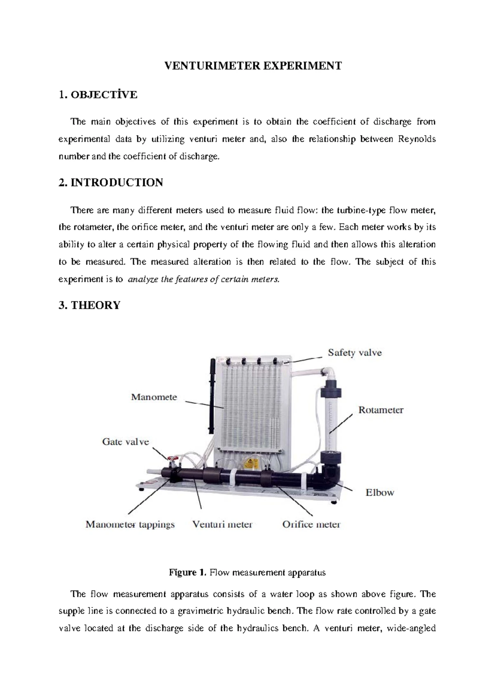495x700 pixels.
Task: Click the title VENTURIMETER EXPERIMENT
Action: click(x=253, y=66)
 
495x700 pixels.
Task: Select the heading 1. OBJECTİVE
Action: click(x=98, y=95)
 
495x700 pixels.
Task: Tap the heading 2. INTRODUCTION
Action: click(x=111, y=182)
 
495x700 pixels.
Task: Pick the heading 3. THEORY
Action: click(x=90, y=305)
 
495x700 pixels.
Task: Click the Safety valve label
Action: click(x=354, y=353)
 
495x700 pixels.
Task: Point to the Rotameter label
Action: click(x=380, y=410)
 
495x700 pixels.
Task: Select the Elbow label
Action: click(x=380, y=492)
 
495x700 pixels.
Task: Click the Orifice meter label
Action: click(x=311, y=525)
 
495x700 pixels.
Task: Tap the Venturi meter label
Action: click(x=222, y=525)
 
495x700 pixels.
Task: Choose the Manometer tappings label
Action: click(x=130, y=525)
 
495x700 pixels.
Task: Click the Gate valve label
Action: click(x=125, y=442)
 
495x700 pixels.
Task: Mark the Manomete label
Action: click(x=154, y=397)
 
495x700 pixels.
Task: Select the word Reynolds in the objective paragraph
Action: click(x=417, y=139)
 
